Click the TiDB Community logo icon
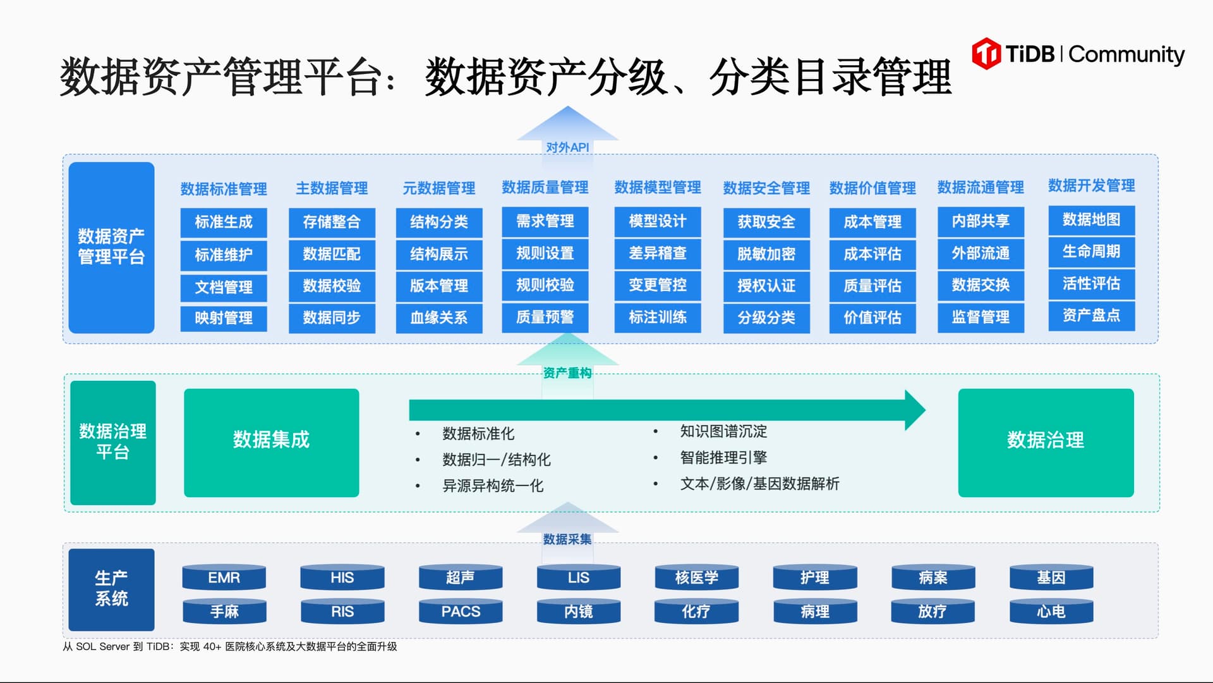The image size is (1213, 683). [x=986, y=54]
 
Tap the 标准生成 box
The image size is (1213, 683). [x=224, y=222]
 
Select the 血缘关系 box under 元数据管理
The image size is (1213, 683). [x=439, y=317]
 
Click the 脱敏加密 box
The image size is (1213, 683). [x=766, y=254]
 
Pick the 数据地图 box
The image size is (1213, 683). [x=1091, y=219]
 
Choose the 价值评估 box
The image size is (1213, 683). [x=872, y=317]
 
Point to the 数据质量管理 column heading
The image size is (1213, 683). [x=545, y=187]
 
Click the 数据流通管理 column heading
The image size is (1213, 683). [x=981, y=187]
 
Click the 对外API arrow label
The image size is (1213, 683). [x=567, y=147]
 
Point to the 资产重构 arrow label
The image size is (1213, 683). [x=567, y=373]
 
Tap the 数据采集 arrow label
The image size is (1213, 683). [x=567, y=539]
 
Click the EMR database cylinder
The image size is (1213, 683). [x=224, y=577]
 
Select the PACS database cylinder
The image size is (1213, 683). [x=461, y=612]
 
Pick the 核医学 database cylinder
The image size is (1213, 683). [x=696, y=577]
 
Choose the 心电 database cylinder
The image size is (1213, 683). [x=1051, y=612]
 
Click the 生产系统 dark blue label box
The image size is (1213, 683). [x=111, y=589]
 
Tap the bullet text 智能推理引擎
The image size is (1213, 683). [x=723, y=457]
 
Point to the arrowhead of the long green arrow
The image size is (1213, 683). [x=914, y=410]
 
